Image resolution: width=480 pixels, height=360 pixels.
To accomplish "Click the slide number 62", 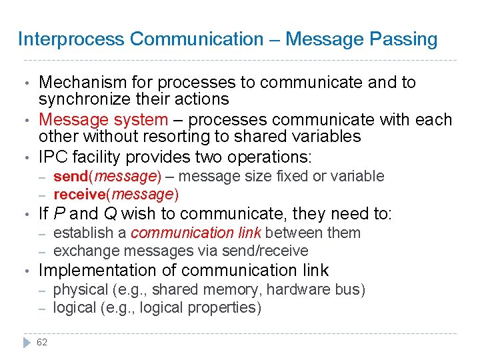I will pos(42,342).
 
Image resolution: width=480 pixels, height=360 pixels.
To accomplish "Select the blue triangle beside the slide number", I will pos(26,342).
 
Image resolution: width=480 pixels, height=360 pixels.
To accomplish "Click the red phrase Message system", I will pos(103,120).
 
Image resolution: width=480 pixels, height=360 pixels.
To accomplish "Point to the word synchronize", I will pos(79,100).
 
